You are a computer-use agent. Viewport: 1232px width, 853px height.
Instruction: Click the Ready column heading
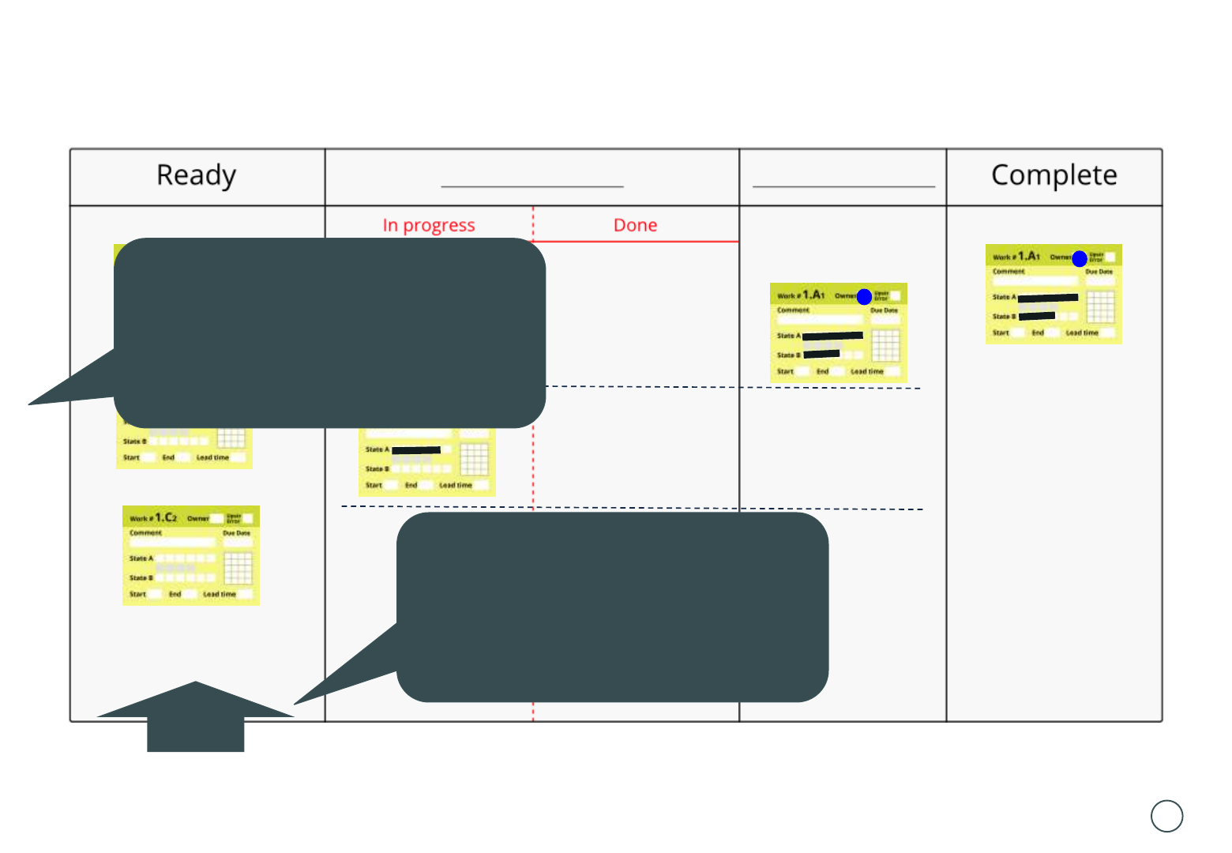coord(196,175)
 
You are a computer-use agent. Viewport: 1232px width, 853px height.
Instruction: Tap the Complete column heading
coord(1054,175)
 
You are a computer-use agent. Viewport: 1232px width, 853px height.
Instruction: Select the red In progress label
coord(429,225)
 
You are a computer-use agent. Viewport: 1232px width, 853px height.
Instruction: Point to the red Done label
coord(635,225)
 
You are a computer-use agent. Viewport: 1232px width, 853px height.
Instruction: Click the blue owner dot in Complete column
coord(1080,258)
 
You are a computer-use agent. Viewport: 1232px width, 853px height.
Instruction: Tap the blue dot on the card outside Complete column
coord(864,297)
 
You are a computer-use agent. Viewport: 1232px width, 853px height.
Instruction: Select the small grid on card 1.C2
coord(238,568)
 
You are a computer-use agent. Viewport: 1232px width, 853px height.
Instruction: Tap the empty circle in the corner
coord(1166,816)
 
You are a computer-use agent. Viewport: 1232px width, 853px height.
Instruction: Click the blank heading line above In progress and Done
coord(532,186)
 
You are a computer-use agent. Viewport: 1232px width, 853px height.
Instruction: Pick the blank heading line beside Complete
coord(843,186)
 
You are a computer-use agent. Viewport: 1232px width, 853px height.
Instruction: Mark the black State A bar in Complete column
coord(1048,298)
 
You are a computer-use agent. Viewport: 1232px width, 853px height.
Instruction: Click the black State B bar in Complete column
coord(1037,316)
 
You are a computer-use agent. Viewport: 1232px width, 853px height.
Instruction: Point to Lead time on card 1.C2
coord(220,594)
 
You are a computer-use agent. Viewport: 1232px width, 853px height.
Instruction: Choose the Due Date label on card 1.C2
coord(236,533)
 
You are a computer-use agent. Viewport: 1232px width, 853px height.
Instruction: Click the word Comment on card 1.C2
coord(146,533)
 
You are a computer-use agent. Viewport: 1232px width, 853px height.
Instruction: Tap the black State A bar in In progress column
coord(416,450)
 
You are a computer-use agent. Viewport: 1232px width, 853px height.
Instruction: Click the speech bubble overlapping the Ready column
coord(330,332)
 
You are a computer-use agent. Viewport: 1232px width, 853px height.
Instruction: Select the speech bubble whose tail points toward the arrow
coord(612,607)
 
